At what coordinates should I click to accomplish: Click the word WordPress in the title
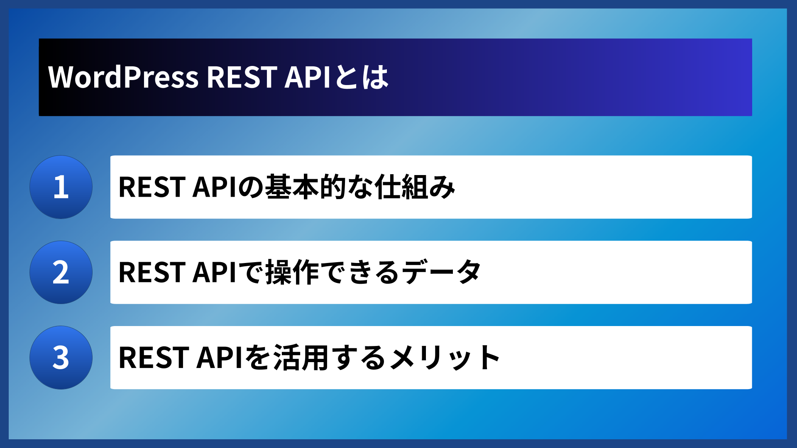click(x=123, y=77)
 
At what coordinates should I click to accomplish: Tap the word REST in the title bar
click(x=242, y=77)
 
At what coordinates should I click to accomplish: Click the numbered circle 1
click(x=61, y=187)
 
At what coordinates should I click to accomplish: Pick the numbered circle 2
click(x=61, y=273)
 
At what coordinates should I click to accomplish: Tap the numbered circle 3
click(x=61, y=358)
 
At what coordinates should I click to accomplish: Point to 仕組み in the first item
click(x=415, y=187)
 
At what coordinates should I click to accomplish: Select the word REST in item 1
click(x=152, y=187)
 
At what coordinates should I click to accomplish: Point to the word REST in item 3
click(x=152, y=358)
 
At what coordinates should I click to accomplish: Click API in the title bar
click(x=307, y=77)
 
